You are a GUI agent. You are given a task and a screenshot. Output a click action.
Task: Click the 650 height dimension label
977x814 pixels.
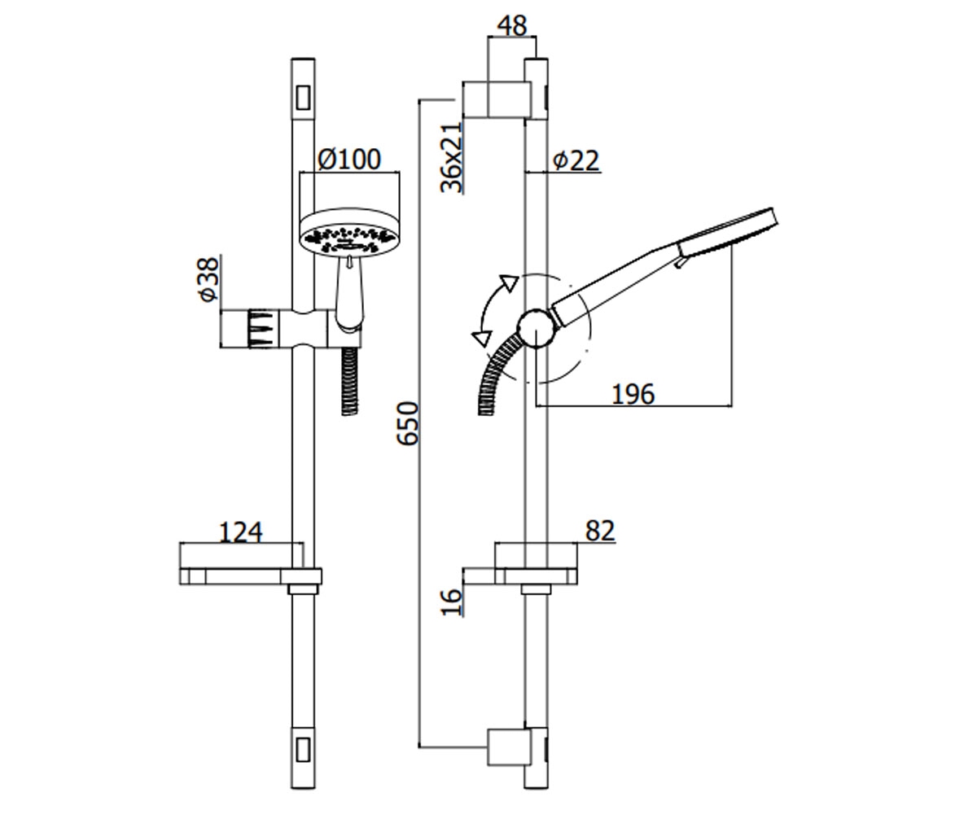[407, 423]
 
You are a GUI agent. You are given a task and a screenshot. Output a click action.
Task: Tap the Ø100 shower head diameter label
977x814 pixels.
[349, 160]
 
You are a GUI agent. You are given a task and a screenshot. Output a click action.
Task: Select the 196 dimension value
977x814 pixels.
[633, 394]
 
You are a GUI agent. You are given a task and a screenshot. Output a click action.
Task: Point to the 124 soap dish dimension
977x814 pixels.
[240, 532]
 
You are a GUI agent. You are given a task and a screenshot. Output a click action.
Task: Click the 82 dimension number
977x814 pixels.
[599, 531]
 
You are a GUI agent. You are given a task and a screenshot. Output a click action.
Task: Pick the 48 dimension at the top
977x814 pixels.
[512, 26]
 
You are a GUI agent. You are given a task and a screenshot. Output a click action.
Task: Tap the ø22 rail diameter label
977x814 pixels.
[576, 161]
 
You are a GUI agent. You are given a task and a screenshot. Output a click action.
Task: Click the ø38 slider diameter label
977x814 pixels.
[208, 279]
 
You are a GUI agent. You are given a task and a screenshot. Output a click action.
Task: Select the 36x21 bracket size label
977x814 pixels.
[451, 158]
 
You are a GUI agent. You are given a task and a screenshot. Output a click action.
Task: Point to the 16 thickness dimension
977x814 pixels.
[451, 602]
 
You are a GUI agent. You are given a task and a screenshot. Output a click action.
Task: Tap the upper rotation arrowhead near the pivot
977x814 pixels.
[509, 282]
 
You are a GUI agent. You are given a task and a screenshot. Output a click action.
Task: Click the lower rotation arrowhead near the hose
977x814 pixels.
[482, 338]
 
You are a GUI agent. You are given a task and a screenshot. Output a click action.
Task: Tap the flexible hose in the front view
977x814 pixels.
[349, 381]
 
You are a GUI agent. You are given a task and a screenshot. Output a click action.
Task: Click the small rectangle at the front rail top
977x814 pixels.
[303, 98]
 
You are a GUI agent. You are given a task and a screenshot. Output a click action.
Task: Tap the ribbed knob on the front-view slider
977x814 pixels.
[261, 328]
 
